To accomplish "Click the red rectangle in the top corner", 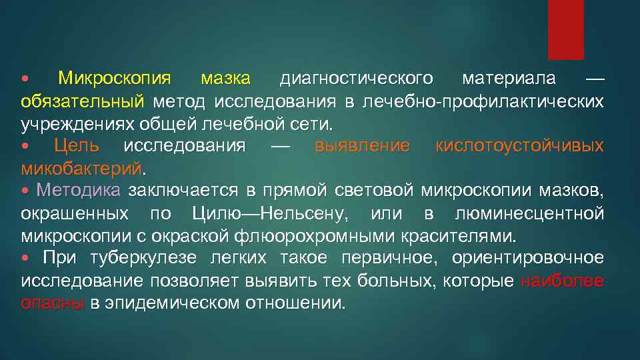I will [x=565, y=29].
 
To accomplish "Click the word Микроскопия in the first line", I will [x=114, y=79].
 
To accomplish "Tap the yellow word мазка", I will [x=225, y=79].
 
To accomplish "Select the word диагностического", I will [x=356, y=79].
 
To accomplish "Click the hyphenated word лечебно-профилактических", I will [x=483, y=101].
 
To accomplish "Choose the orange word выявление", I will [x=362, y=146].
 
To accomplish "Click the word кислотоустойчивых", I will [x=519, y=146].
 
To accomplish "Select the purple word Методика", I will [x=79, y=191].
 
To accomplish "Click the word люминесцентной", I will [x=529, y=214].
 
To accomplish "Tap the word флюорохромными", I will [x=331, y=236].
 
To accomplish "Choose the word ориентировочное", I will [x=527, y=259].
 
